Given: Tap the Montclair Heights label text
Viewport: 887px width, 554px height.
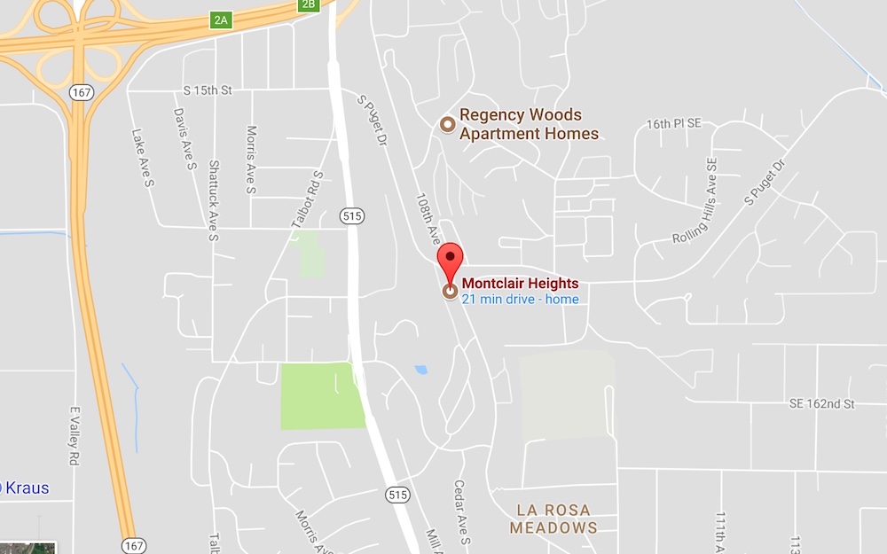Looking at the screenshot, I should (x=520, y=284).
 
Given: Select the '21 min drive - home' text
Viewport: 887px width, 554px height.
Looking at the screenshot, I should (x=520, y=300).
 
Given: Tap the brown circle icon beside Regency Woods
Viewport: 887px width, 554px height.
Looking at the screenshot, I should (x=448, y=124).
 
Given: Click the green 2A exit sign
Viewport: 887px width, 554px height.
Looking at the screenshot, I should (x=221, y=20).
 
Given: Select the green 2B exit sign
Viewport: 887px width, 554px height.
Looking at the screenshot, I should (x=308, y=5).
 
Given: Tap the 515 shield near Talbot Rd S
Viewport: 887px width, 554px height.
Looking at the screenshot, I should (x=352, y=215).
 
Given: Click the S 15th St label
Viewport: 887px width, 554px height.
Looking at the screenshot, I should (x=207, y=90).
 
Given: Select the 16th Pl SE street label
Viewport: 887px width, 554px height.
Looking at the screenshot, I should (x=673, y=124).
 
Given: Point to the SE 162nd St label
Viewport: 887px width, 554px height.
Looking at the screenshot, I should (x=821, y=404).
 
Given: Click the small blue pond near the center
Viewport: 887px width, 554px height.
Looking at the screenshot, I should (x=420, y=369).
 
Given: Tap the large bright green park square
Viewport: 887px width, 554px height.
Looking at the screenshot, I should (x=323, y=395).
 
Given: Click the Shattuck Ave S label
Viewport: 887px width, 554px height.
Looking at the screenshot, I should (x=213, y=200).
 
